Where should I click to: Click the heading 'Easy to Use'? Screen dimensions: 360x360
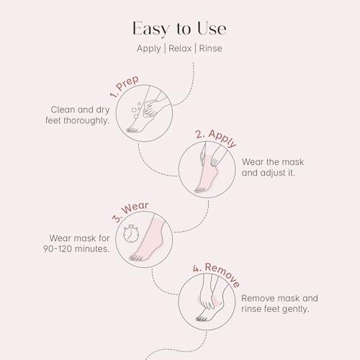(x=179, y=29)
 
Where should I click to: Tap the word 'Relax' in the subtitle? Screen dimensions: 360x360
(x=180, y=48)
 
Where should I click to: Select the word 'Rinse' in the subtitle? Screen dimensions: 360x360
(x=210, y=48)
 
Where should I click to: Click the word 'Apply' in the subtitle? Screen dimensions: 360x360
(x=149, y=49)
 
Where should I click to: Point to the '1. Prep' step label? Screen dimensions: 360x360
(x=125, y=86)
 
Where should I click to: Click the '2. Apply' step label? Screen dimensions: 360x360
(x=216, y=138)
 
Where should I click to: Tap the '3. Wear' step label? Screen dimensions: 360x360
(x=130, y=212)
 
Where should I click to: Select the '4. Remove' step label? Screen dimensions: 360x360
(x=216, y=274)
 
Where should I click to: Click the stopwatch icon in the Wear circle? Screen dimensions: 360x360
(x=131, y=233)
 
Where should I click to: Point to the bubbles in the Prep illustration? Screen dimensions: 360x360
(x=136, y=110)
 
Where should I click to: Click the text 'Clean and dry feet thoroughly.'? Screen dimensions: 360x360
(x=78, y=115)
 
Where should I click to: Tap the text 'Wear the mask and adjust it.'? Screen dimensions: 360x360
(x=273, y=167)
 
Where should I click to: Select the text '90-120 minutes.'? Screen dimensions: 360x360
(x=76, y=249)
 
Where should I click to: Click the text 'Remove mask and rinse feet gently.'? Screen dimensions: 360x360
(x=279, y=304)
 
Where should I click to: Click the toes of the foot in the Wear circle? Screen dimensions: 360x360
(x=136, y=258)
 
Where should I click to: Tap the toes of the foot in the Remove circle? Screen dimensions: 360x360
(x=202, y=318)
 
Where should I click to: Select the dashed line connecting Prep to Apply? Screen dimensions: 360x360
(x=151, y=165)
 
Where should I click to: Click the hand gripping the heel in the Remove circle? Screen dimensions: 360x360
(x=207, y=297)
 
